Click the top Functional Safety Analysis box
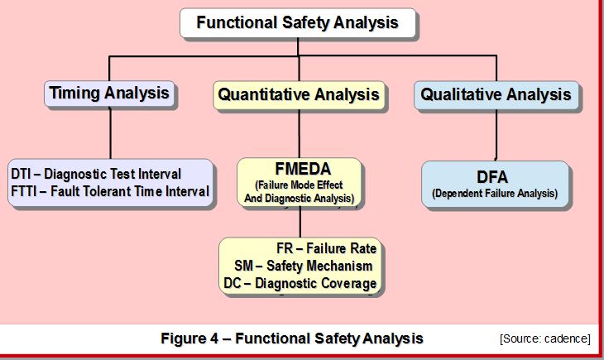click(298, 22)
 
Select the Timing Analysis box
click(109, 94)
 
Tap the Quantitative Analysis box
click(299, 95)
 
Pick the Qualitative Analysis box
click(496, 95)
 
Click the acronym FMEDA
click(303, 169)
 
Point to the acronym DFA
click(492, 177)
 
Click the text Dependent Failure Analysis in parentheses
click(495, 193)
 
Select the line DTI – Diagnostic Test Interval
click(96, 174)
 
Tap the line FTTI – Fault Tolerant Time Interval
click(110, 191)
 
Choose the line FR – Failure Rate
click(326, 248)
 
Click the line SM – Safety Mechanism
click(303, 266)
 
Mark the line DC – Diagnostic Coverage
click(300, 283)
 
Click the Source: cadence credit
click(545, 338)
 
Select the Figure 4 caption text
click(292, 338)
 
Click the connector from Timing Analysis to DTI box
click(111, 132)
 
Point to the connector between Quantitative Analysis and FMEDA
click(300, 133)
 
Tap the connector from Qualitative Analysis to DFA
click(496, 135)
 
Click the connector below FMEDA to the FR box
click(300, 222)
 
